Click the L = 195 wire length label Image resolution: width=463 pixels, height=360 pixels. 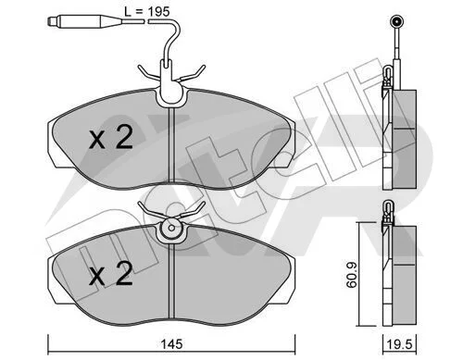[x=146, y=12]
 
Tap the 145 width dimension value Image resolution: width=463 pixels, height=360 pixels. [x=172, y=344]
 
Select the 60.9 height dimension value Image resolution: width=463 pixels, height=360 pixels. [x=351, y=275]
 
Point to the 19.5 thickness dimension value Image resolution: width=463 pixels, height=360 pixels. [x=400, y=344]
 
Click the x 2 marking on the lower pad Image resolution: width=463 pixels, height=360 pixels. [x=111, y=273]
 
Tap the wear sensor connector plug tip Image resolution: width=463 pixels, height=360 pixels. [x=50, y=21]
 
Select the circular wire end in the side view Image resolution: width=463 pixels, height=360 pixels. [x=395, y=21]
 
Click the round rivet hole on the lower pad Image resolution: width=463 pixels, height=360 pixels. [x=171, y=228]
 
